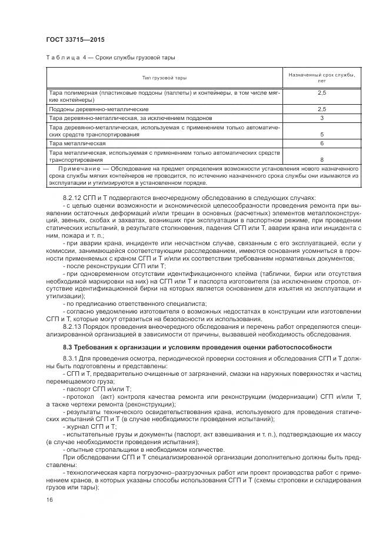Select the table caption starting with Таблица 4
click(x=110, y=58)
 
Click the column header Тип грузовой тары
click(x=164, y=78)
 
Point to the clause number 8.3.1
click(x=69, y=359)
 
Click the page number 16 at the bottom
click(x=49, y=499)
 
